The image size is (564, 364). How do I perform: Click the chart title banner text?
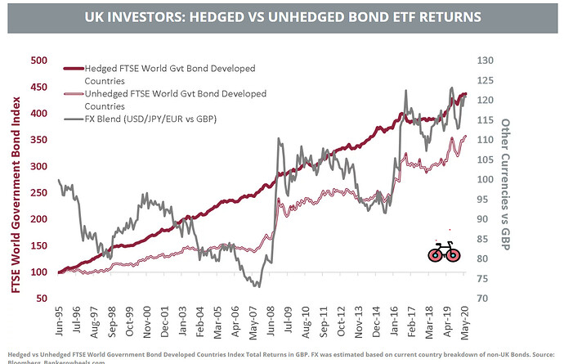coord(282,16)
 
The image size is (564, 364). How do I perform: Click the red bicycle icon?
coord(444,253)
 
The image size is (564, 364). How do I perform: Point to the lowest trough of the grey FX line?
coord(256,285)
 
